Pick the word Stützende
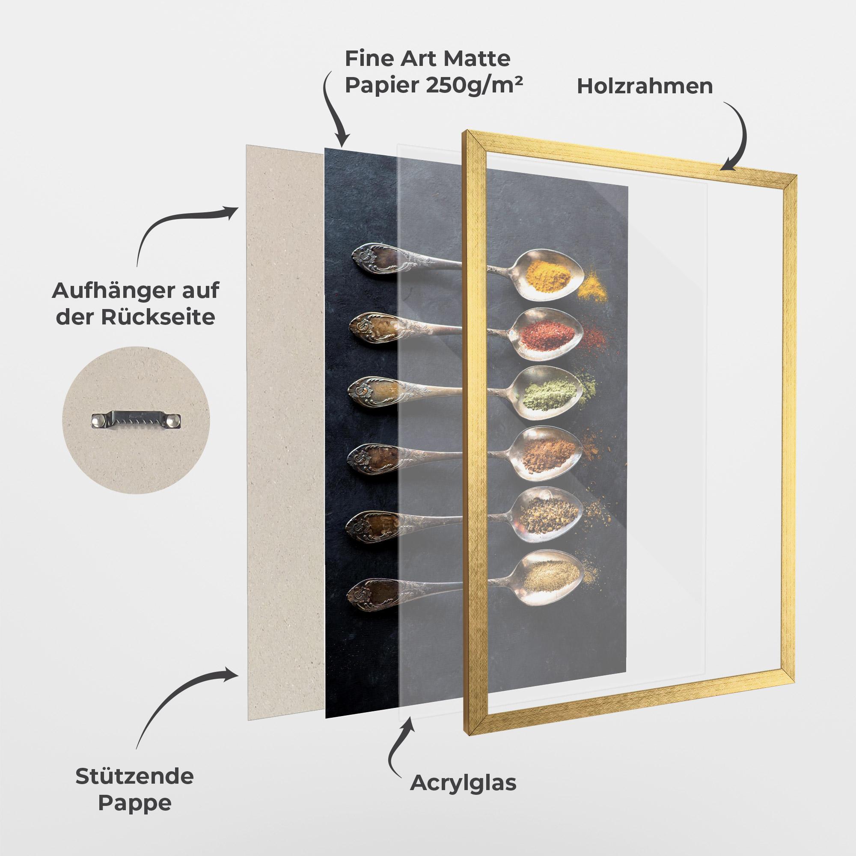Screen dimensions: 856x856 [x=134, y=776]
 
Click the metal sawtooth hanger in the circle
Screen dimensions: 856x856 [x=137, y=420]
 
